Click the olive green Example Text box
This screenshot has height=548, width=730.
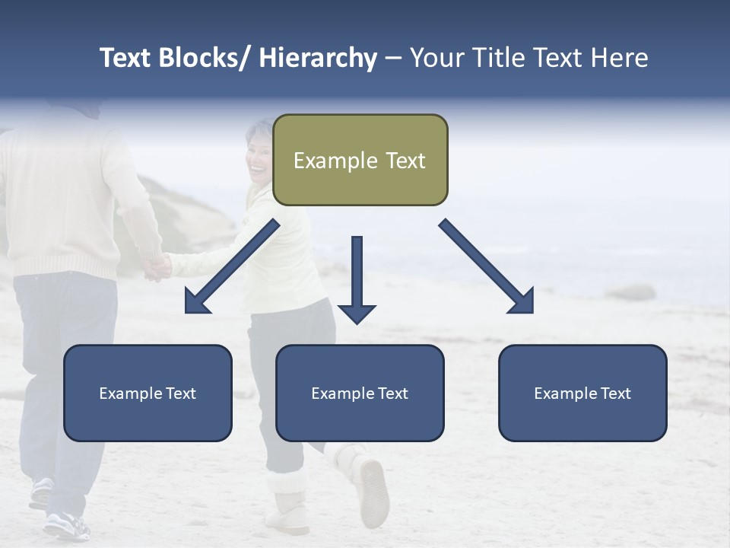click(360, 161)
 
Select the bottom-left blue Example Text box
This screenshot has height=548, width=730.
click(148, 393)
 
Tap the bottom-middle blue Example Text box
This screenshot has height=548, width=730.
click(360, 393)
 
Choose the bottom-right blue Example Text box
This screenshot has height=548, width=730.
click(582, 393)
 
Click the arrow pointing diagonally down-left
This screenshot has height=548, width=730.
click(229, 269)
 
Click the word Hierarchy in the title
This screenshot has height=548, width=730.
click(318, 58)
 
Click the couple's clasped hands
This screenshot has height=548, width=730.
click(159, 266)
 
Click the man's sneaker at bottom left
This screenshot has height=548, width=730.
click(65, 524)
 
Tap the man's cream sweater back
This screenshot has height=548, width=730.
click(61, 190)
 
